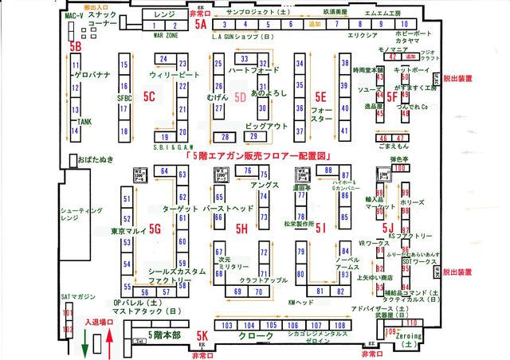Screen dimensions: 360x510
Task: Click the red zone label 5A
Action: pos(201,25)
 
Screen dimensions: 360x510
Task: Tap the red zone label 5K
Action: pos(202,336)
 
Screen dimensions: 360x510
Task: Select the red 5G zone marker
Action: pos(155,229)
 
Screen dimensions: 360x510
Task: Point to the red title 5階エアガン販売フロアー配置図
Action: pos(257,156)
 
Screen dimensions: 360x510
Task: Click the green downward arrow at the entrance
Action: pos(86,343)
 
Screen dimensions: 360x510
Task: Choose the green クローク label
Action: pos(253,337)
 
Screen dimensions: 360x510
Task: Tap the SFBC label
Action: pos(124,97)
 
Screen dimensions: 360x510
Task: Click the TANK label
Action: pos(85,122)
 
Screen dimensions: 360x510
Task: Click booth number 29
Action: pos(253,136)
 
